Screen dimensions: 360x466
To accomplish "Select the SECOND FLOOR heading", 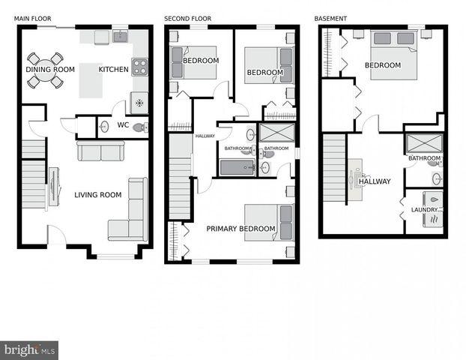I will pos(188,18).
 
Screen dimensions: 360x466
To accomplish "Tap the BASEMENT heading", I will pos(330,18).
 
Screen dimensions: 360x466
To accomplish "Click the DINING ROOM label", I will pos(50,70).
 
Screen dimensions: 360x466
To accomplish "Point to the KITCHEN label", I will pos(114,70).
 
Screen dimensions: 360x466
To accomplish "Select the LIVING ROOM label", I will pos(97,195).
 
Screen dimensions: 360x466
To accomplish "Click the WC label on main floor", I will pos(124,125).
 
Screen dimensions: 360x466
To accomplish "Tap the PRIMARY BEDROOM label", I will pos(240,229).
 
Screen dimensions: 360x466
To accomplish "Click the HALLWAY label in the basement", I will pos(374,181).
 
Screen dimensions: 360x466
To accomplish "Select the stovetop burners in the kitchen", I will pos(140,66).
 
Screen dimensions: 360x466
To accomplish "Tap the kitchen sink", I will pos(120,36).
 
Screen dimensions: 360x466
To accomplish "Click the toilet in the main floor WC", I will pos(139,128).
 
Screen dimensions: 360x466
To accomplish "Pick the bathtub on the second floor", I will pos(237,166).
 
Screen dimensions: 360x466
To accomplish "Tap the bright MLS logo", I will pos(29,349).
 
